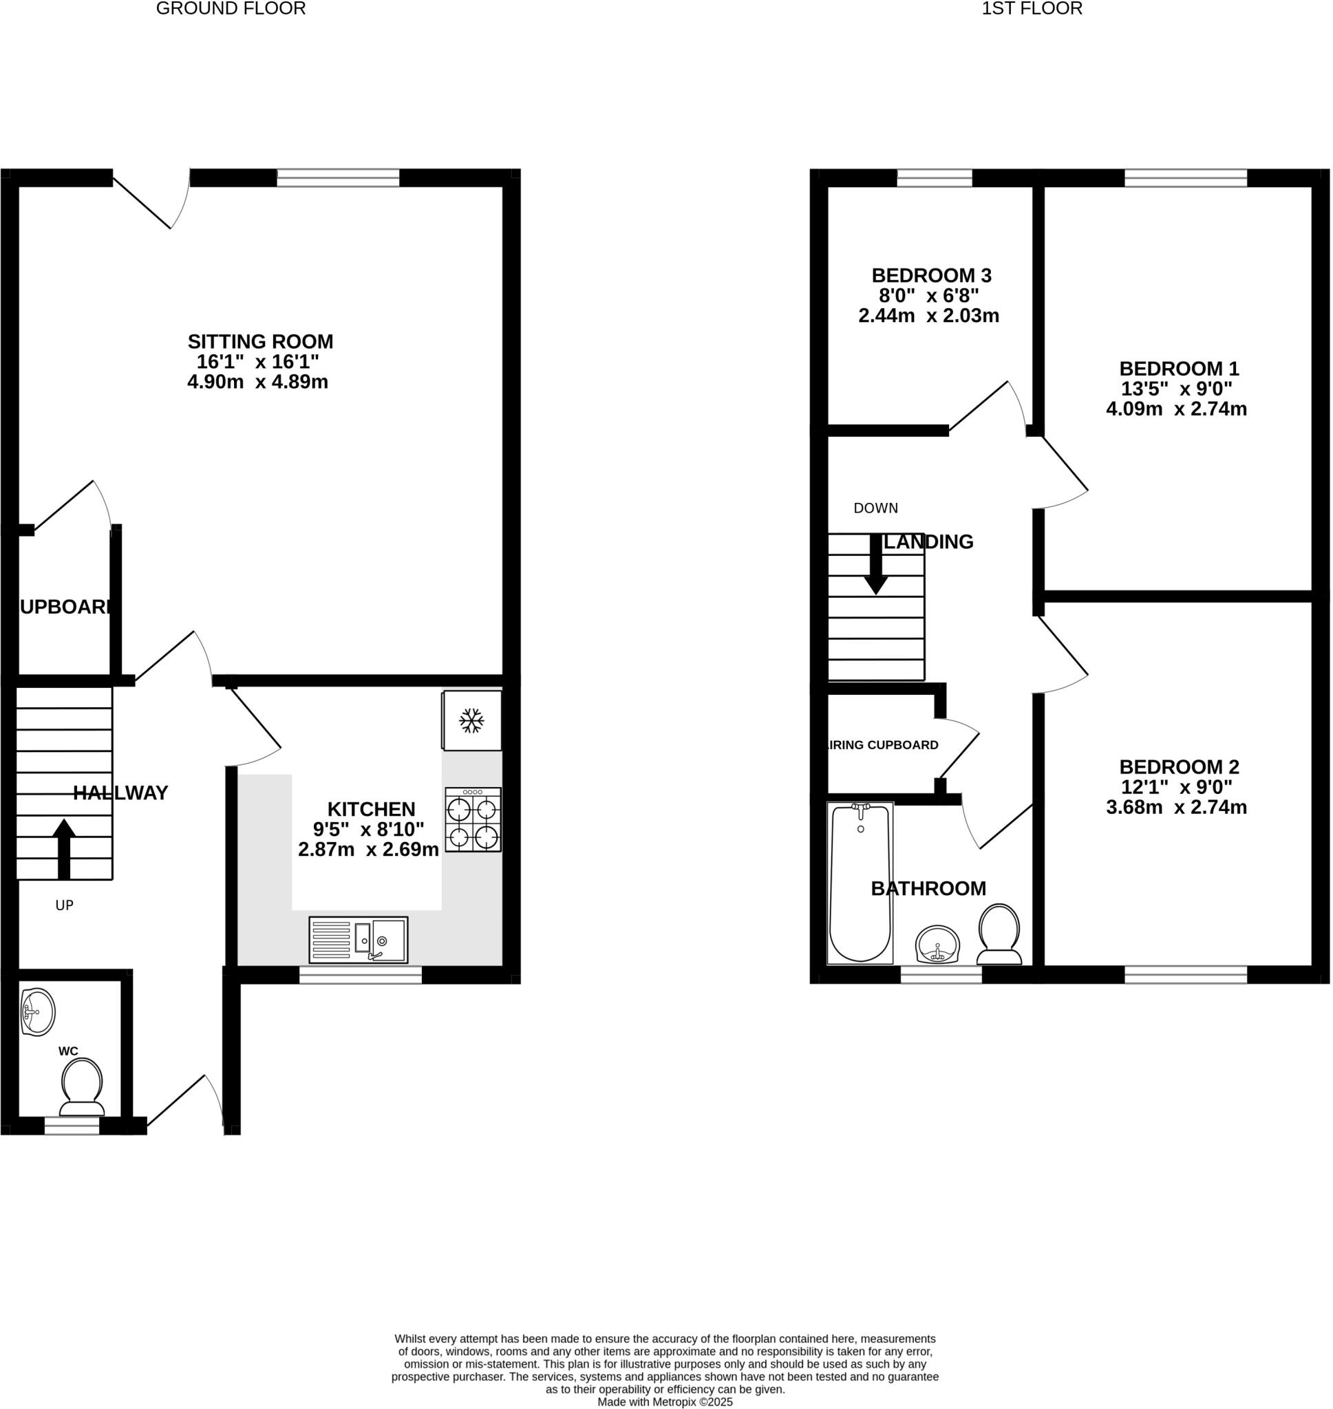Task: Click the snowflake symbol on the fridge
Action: [471, 721]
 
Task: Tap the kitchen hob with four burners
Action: [473, 820]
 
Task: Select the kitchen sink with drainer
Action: [358, 940]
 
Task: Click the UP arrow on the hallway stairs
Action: [64, 848]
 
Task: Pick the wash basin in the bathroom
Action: [937, 945]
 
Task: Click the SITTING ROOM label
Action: [260, 342]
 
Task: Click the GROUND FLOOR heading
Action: [231, 8]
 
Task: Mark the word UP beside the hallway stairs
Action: [65, 905]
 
